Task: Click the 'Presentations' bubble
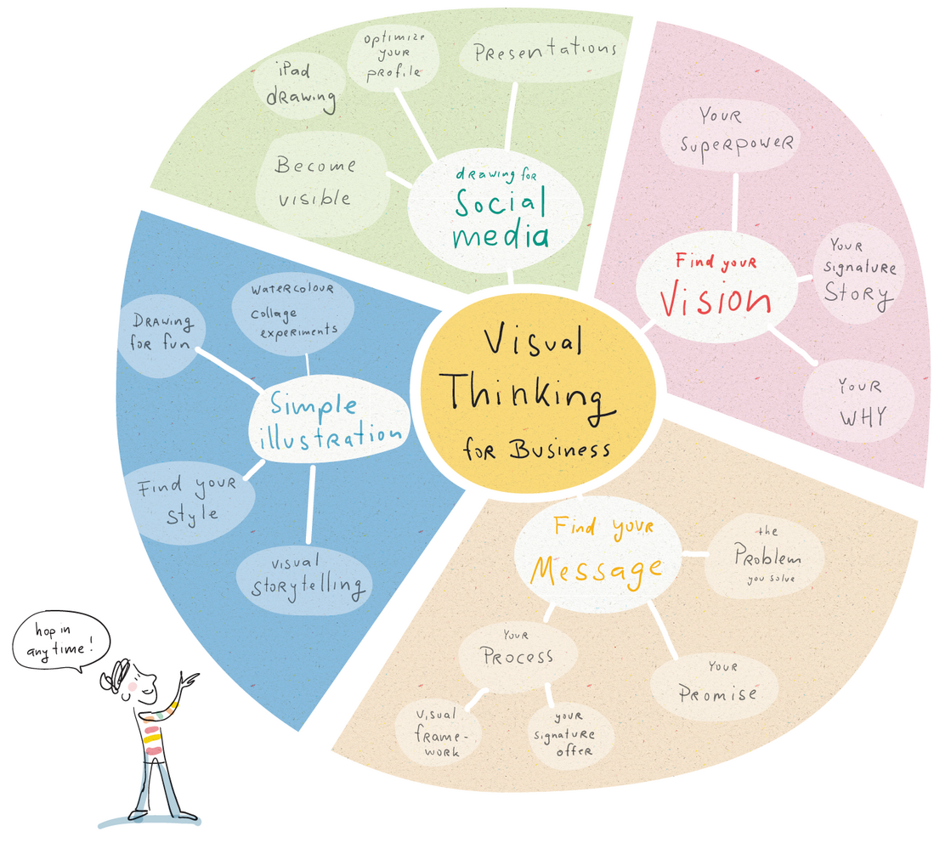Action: tap(544, 52)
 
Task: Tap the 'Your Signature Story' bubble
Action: tap(858, 269)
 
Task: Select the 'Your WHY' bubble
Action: tap(859, 400)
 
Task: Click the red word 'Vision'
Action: tap(716, 300)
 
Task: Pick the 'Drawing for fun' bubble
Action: tap(162, 333)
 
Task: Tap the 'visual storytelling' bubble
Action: tap(309, 578)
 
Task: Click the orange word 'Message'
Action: tap(596, 567)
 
